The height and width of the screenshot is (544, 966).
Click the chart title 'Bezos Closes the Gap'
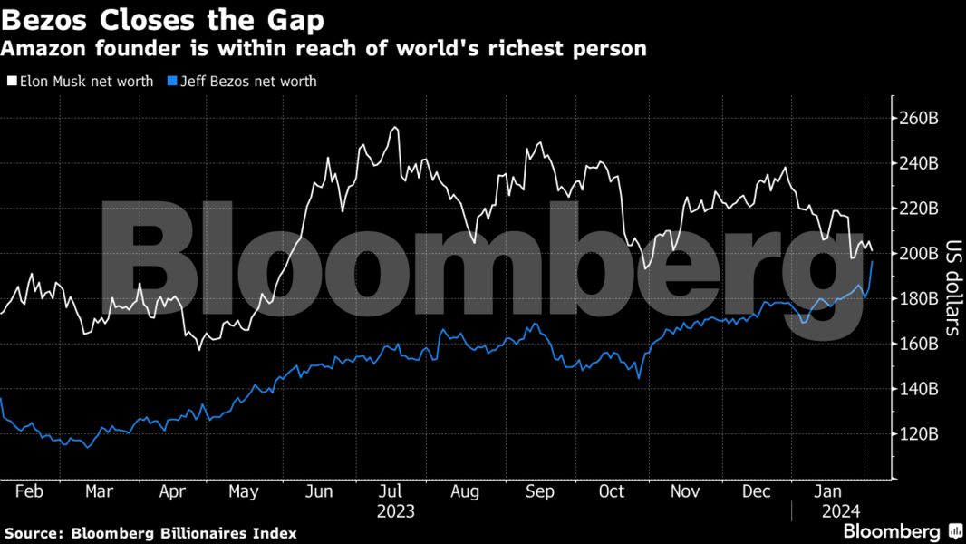[x=164, y=17]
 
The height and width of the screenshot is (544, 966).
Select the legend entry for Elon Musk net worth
[x=81, y=82]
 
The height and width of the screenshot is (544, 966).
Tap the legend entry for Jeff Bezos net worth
[x=242, y=82]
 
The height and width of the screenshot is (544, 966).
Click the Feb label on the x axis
[x=29, y=491]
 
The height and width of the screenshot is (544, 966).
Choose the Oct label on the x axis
[x=612, y=491]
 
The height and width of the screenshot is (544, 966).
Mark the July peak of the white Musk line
[x=394, y=128]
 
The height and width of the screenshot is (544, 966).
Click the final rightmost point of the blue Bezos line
[x=872, y=262]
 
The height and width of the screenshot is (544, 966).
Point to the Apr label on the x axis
[x=172, y=491]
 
